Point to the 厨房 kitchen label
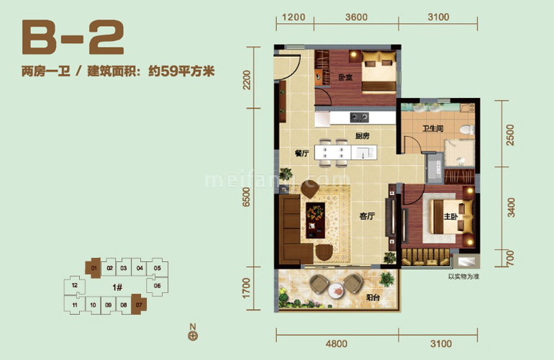pos(362,136)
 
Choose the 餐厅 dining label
pos(301,153)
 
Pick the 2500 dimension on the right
pos(511,135)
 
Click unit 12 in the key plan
pos(75,287)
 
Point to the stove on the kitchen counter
pos(358,117)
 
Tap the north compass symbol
pos(193,334)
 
